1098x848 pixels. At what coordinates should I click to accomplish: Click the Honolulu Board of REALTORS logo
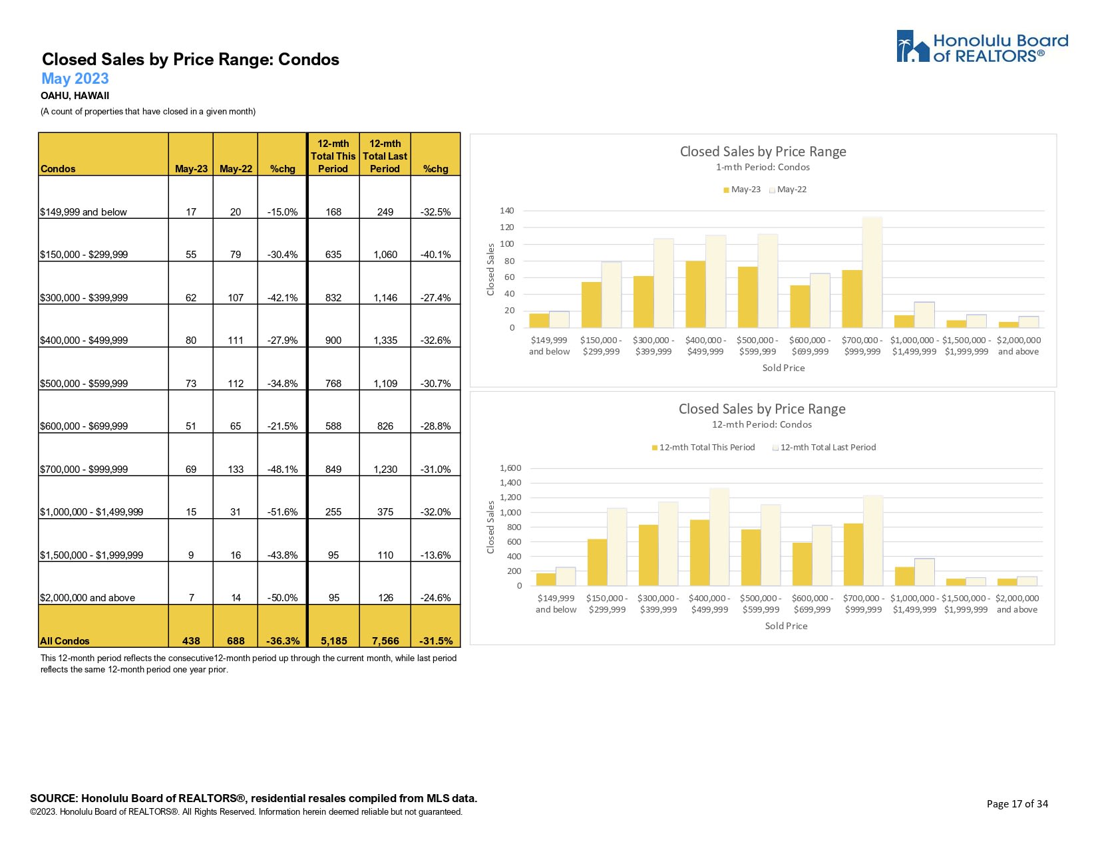[982, 47]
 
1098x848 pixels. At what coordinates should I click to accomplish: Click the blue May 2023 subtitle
[75, 78]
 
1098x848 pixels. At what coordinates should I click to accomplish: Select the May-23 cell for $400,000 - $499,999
[191, 340]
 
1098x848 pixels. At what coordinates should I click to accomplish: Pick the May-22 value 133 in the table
[236, 469]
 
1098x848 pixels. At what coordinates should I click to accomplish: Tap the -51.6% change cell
[282, 511]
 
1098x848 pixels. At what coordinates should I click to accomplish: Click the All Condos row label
[65, 640]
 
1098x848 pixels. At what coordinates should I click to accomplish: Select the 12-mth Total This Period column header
[333, 156]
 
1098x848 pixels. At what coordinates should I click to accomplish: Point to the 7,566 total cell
[385, 640]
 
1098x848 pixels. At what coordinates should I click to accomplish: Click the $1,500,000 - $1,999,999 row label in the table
[91, 555]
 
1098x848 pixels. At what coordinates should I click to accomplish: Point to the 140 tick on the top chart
[507, 211]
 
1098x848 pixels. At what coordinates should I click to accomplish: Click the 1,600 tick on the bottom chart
[510, 468]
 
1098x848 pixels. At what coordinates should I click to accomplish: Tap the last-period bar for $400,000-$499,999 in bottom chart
[719, 537]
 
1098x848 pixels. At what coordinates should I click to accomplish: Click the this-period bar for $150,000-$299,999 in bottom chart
[597, 563]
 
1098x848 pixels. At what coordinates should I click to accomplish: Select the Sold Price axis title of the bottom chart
[786, 626]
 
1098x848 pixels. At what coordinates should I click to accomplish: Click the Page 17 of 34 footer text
[1017, 803]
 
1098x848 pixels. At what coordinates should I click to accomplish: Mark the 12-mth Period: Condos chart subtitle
[762, 424]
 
